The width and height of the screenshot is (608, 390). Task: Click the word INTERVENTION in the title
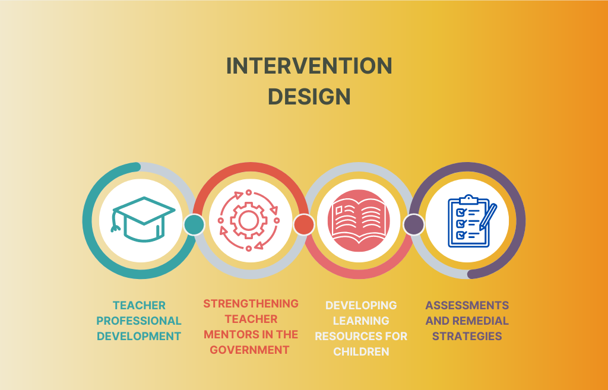[x=309, y=66]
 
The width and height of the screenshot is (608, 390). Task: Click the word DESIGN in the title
[x=309, y=97]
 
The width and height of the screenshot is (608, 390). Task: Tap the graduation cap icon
[x=143, y=220]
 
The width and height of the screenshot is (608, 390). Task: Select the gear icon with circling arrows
[x=249, y=220]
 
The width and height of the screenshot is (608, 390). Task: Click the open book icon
[x=359, y=221]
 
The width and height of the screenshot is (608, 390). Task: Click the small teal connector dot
[x=194, y=224]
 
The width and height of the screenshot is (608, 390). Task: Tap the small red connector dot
[x=303, y=224]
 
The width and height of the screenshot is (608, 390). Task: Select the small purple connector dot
[x=414, y=224]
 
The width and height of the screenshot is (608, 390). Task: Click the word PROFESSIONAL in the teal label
[x=139, y=321]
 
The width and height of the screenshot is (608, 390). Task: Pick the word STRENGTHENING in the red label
[x=251, y=303]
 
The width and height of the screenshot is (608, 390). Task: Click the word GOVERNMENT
[x=250, y=350]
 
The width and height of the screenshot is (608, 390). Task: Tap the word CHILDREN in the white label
[x=361, y=351]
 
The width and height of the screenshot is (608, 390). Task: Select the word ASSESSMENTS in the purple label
[x=467, y=306]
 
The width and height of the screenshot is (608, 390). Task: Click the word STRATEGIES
[x=467, y=336]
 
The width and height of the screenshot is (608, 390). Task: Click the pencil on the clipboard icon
[x=488, y=217]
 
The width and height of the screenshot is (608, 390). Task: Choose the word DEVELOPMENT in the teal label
[x=139, y=336]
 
